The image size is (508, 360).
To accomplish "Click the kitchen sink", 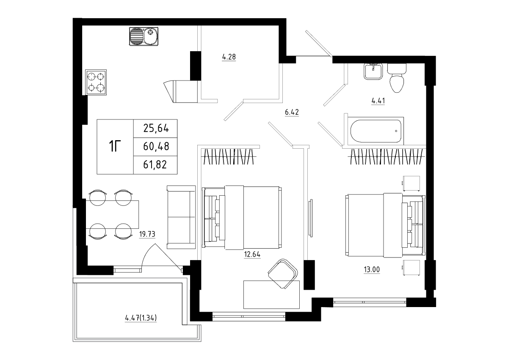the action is click(144, 36).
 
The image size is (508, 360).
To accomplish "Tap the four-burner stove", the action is click(96, 82).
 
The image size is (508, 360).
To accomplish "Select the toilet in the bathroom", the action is click(397, 78).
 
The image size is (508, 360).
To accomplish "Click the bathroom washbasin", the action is click(373, 71).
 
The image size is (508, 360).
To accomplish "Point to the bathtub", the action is click(375, 131).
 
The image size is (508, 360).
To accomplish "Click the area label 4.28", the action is click(229, 57).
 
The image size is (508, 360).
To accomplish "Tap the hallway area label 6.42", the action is click(292, 112).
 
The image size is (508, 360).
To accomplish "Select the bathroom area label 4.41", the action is click(378, 100).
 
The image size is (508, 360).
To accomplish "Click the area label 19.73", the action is click(147, 234).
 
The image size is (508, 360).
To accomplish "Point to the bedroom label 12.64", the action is click(252, 254).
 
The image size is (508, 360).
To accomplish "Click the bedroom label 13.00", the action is click(372, 269).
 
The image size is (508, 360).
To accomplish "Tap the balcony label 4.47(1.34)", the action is click(141, 318).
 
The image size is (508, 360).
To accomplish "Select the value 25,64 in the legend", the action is click(156, 129).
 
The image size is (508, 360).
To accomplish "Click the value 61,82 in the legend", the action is click(155, 165).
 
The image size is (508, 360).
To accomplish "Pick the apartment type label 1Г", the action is click(115, 146).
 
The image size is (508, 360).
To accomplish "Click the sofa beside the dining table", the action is click(181, 217).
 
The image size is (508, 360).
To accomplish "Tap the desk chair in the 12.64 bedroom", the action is click(283, 274).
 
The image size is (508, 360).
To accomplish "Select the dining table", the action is click(112, 214).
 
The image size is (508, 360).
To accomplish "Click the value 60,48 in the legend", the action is click(156, 147).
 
